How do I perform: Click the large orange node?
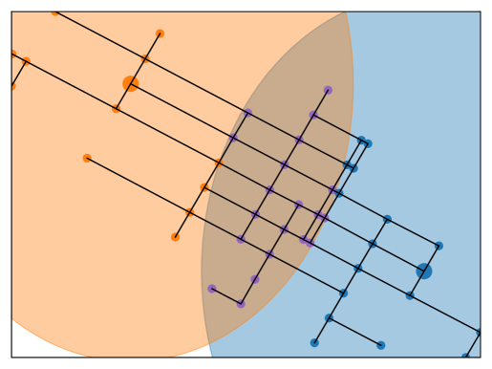131,84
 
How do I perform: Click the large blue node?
424,271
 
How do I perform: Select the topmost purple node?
328,90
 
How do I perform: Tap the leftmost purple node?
212,288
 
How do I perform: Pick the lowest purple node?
241,304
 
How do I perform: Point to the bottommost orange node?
176,237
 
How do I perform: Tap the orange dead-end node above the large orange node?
160,33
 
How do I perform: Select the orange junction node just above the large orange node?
145,59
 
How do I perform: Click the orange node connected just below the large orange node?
117,109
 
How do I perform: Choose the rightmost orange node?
219,163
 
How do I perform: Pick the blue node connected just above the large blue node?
439,246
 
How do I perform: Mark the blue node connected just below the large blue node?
410,295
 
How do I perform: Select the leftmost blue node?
314,342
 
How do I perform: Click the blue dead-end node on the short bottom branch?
381,345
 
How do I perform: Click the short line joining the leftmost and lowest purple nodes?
226,296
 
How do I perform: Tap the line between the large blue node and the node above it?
432,258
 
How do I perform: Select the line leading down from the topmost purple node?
321,102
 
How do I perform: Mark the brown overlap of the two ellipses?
277,191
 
